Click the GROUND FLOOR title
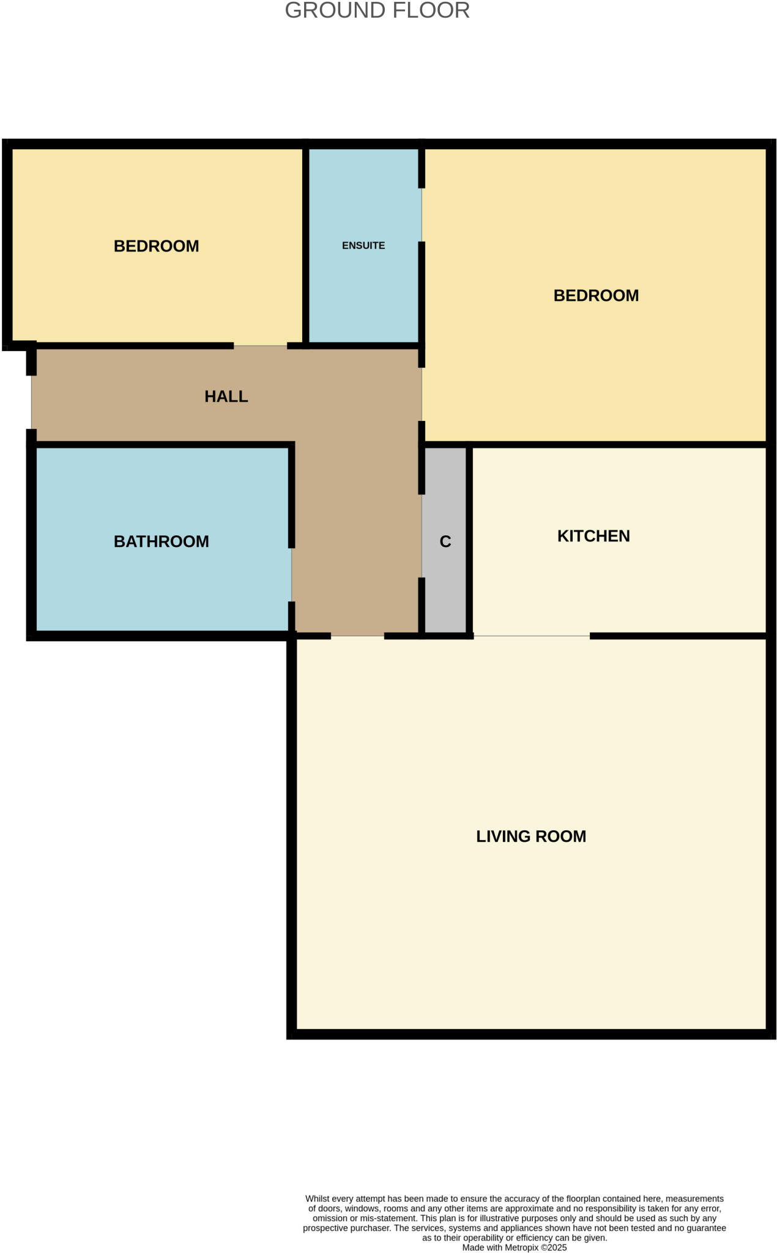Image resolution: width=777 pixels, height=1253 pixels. click(x=377, y=10)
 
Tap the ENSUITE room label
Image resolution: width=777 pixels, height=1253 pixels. click(x=363, y=245)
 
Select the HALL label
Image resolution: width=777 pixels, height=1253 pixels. click(x=226, y=396)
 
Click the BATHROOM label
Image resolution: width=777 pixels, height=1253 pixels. click(x=162, y=541)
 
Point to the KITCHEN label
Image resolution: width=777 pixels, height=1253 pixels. click(x=593, y=536)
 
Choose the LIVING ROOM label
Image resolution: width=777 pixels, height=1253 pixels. click(x=531, y=836)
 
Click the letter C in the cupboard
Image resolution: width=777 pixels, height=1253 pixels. click(x=445, y=541)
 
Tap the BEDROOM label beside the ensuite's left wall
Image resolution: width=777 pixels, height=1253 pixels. click(x=157, y=246)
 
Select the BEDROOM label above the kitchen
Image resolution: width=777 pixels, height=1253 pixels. click(x=596, y=296)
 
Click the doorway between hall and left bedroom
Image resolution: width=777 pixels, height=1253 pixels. click(x=260, y=346)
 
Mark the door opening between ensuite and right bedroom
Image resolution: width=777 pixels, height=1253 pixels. click(x=422, y=215)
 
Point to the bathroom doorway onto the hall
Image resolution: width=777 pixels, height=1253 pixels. click(x=292, y=575)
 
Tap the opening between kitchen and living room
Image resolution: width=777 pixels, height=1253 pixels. click(x=532, y=636)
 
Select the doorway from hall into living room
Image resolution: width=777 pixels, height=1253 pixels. click(x=357, y=636)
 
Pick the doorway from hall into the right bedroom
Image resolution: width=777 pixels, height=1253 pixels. click(x=422, y=394)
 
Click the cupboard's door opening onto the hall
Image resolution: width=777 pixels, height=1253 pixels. click(x=422, y=536)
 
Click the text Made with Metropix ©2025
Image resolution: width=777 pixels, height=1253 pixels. click(x=514, y=1247)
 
